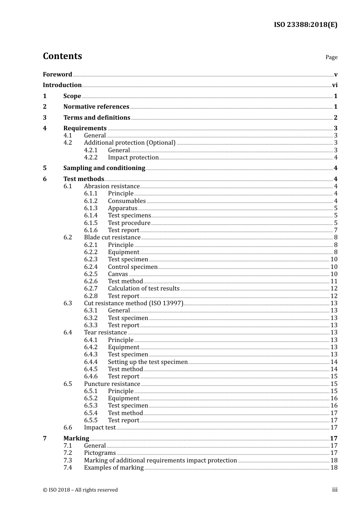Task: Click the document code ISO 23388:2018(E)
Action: (305, 25)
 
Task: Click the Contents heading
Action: (62, 56)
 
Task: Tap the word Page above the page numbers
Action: (331, 57)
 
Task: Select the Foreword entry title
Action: (57, 74)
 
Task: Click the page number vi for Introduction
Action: (335, 85)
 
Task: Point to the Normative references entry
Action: (96, 107)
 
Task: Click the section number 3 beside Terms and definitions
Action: (45, 118)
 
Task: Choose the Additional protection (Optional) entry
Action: (130, 143)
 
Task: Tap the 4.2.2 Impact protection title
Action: (133, 158)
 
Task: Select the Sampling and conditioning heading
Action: (104, 168)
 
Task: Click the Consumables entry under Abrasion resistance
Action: (127, 201)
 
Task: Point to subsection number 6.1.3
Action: (91, 208)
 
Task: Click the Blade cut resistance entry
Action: (112, 237)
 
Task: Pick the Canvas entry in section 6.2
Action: (118, 274)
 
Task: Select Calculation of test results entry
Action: (144, 289)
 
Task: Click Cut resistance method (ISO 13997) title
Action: (133, 303)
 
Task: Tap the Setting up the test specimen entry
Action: (148, 362)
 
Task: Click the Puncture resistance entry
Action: (112, 384)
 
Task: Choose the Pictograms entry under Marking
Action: (100, 453)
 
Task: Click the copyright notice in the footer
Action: (80, 490)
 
